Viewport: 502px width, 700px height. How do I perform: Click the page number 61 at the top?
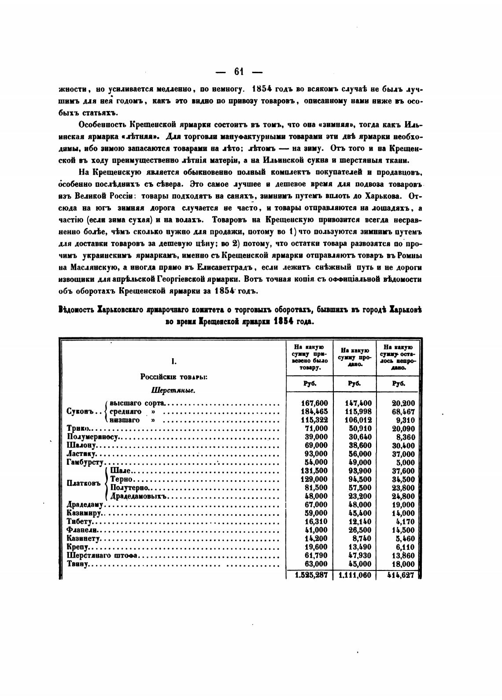tap(239, 71)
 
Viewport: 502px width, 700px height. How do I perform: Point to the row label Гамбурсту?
tap(85, 463)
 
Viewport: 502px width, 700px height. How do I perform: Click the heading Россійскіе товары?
tap(174, 377)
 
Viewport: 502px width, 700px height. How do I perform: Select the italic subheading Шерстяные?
tap(173, 390)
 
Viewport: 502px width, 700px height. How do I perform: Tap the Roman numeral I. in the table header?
tap(174, 362)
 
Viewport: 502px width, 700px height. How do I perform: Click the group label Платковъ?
tap(84, 484)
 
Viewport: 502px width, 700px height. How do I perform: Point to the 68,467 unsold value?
tap(403, 411)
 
